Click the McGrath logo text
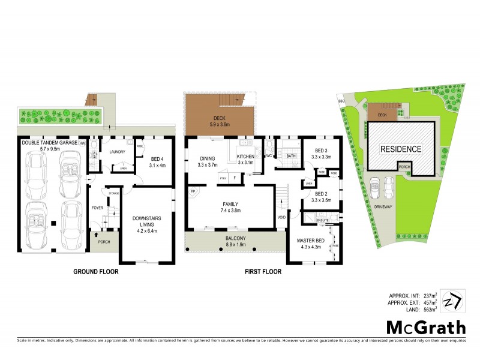coord(425,327)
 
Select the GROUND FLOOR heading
coord(96,272)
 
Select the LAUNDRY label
coord(116,152)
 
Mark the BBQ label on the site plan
coord(342,102)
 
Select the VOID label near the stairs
coord(281,217)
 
